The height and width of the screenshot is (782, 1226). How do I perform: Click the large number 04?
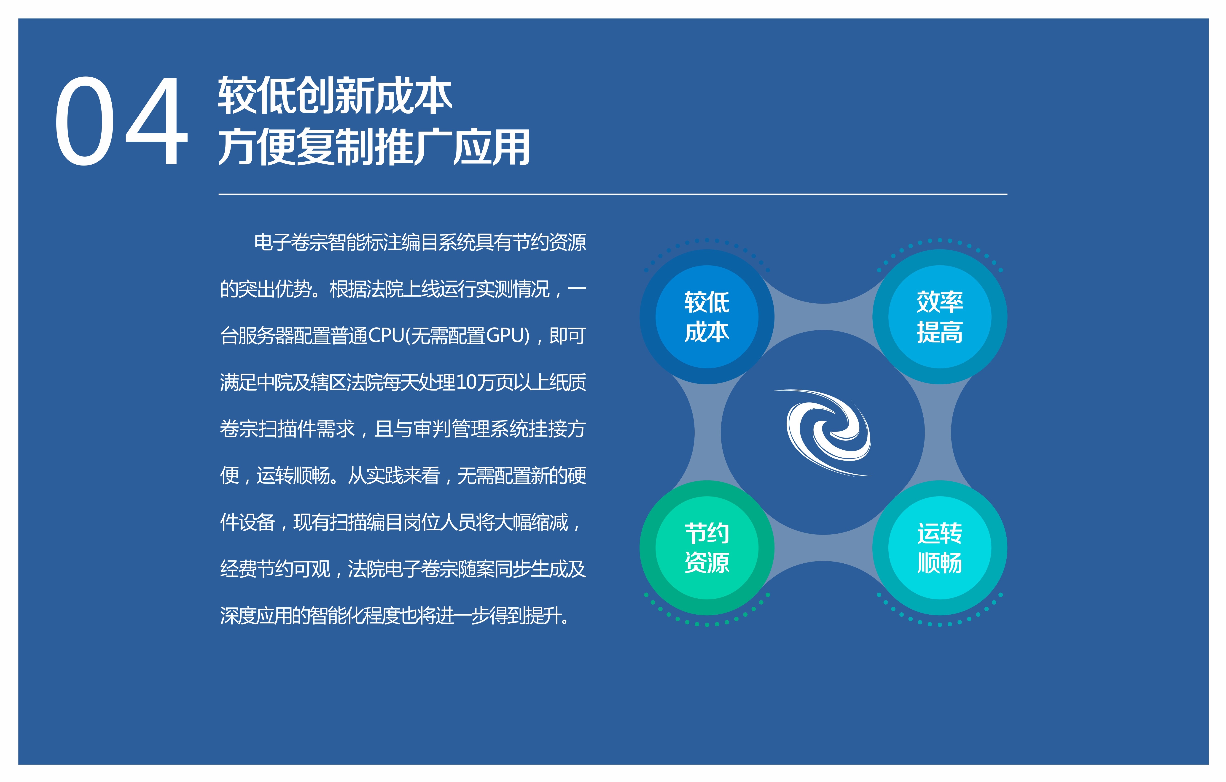tap(121, 121)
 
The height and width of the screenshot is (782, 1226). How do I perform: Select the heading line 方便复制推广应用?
tap(374, 147)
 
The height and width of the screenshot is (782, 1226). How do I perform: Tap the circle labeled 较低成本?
tap(707, 317)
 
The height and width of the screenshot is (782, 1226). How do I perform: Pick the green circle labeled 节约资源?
tap(707, 548)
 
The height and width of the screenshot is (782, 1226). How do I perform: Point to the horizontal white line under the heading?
tap(613, 194)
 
